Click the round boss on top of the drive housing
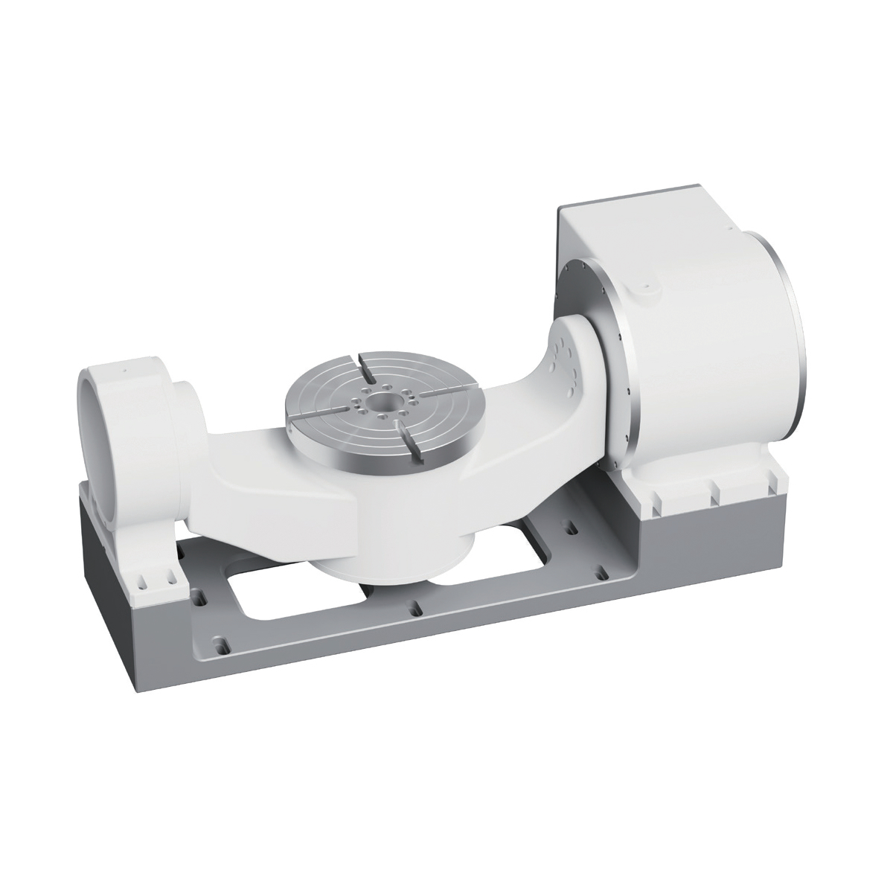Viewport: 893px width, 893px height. click(645, 286)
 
